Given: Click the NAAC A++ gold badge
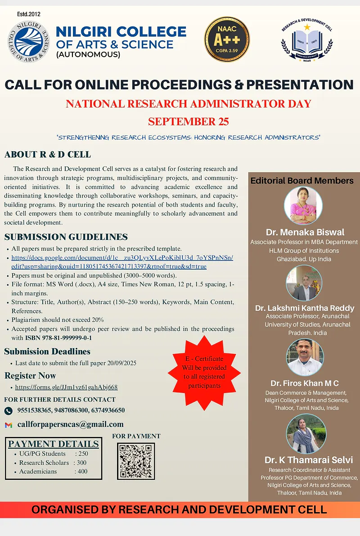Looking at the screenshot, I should pyautogui.click(x=227, y=39).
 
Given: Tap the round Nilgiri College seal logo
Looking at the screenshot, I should pyautogui.click(x=29, y=42).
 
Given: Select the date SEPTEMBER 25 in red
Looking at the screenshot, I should pyautogui.click(x=188, y=122).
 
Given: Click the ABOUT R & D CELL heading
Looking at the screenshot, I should pyautogui.click(x=48, y=155).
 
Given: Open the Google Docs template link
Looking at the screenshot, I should pyautogui.click(x=122, y=262).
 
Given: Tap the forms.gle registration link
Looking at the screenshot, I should pyautogui.click(x=66, y=387).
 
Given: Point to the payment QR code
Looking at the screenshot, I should pyautogui.click(x=135, y=461).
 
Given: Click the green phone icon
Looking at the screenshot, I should pyautogui.click(x=8, y=410).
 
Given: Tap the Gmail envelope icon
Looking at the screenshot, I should pyautogui.click(x=8, y=425).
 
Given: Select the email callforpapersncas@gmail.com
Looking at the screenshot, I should pyautogui.click(x=70, y=424).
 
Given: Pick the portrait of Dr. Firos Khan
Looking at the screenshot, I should pyautogui.click(x=305, y=357).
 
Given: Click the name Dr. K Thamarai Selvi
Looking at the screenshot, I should pyautogui.click(x=309, y=460).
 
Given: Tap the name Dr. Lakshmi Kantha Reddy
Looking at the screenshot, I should pyautogui.click(x=305, y=308).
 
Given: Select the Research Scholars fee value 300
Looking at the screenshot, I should pyautogui.click(x=81, y=463).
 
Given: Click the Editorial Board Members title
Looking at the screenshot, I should pyautogui.click(x=302, y=180).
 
